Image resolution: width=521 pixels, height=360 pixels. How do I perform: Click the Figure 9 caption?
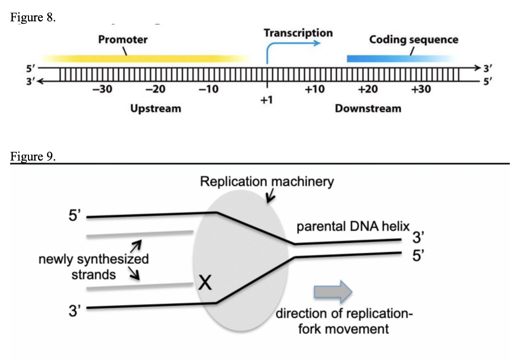point(33,156)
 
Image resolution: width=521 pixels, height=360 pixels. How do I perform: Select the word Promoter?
point(123,40)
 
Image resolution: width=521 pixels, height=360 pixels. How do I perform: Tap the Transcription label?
point(298,33)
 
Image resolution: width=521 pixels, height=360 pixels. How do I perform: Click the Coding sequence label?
point(414,40)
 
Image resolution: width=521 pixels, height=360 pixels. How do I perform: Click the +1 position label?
point(267,101)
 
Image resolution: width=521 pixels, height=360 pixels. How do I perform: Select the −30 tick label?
point(102,90)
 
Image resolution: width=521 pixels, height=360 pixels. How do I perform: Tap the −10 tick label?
point(208,90)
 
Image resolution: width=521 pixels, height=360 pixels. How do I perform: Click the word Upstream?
point(155,108)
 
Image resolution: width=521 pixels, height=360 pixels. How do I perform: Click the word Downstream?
point(368,108)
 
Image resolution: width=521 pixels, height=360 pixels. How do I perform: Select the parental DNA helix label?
point(353,227)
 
